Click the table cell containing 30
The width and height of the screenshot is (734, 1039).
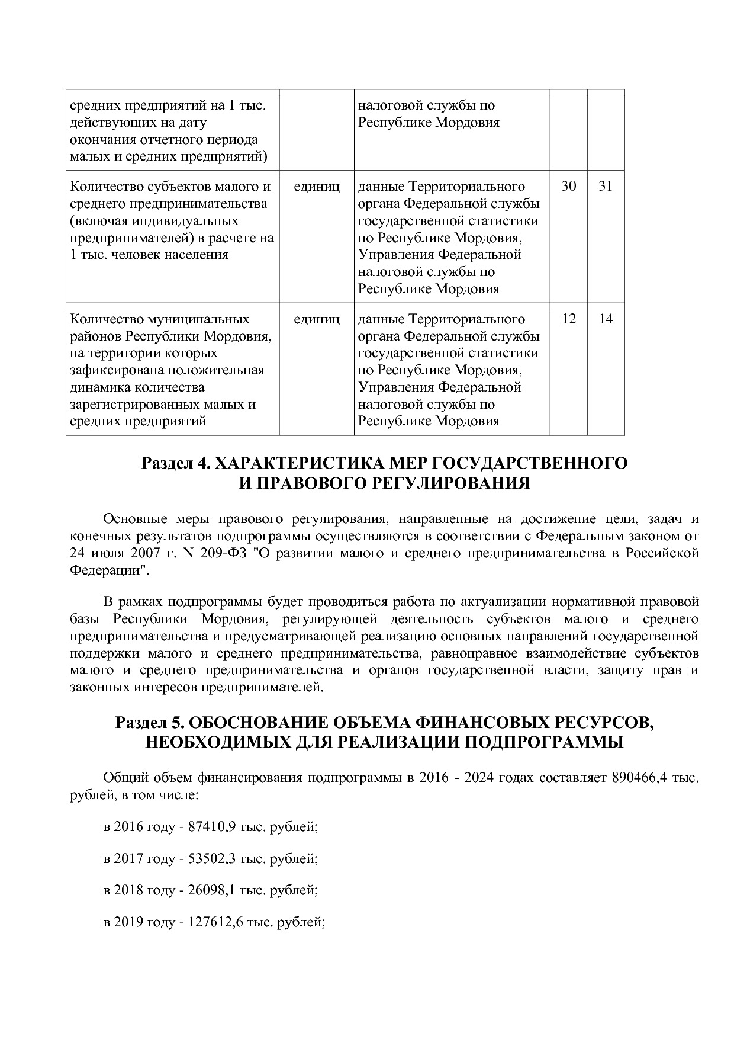click(568, 187)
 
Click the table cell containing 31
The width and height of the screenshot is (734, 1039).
click(606, 187)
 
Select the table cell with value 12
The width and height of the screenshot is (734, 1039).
click(568, 319)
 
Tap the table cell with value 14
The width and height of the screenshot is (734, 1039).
click(606, 319)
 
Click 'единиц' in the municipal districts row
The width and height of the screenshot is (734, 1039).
click(317, 319)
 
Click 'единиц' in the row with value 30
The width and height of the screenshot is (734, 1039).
click(317, 187)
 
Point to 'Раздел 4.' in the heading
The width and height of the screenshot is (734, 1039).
click(175, 463)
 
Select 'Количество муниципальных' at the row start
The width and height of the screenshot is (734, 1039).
click(160, 319)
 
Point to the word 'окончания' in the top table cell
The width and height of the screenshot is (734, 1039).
click(98, 140)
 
